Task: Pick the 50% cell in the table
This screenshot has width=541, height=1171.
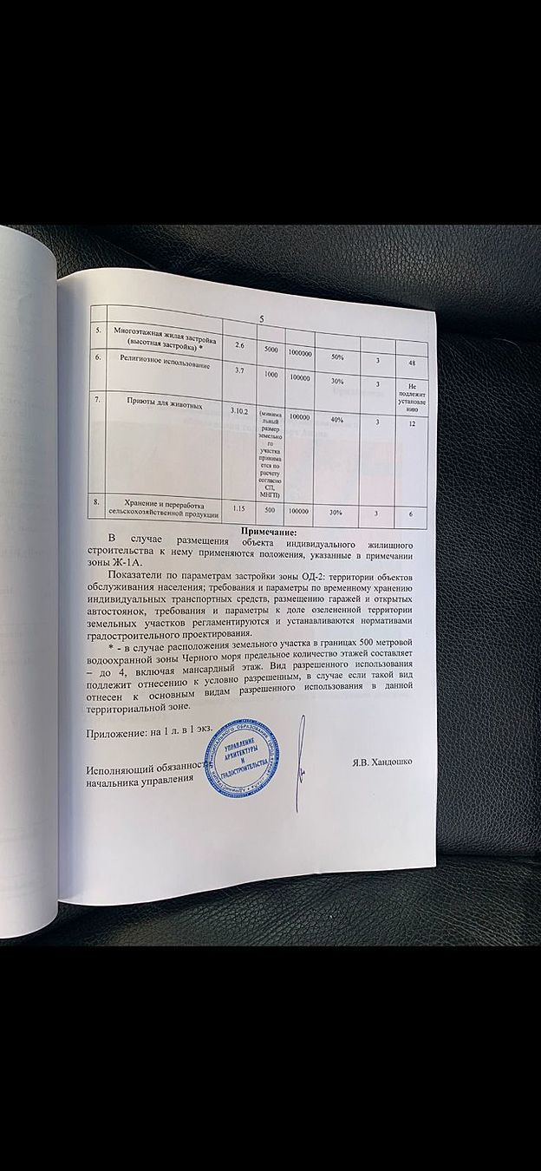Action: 336,357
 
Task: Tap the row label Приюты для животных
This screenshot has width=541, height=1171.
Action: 166,404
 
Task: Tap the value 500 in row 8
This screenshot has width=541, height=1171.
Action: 268,510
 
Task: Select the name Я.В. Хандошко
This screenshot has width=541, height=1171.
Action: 381,762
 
